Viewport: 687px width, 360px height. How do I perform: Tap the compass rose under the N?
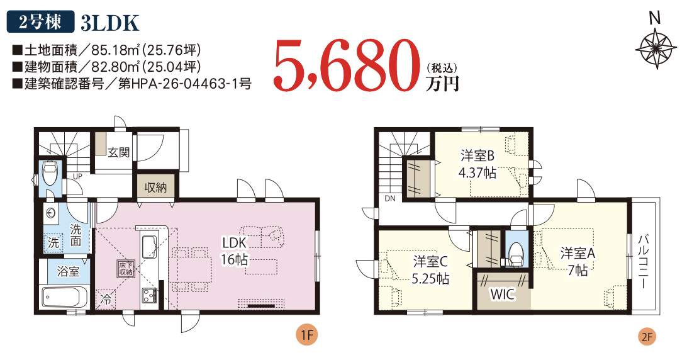(x=655, y=48)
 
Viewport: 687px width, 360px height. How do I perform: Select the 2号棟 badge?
(x=40, y=23)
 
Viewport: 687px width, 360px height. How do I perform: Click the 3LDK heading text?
(x=109, y=23)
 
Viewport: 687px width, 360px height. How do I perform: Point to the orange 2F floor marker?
(x=647, y=337)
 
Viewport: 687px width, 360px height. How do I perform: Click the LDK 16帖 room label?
(x=235, y=251)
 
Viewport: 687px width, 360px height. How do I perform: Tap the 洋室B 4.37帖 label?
(x=477, y=164)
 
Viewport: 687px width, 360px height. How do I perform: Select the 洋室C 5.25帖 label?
(x=430, y=270)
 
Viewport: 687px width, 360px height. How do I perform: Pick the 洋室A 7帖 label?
(x=578, y=261)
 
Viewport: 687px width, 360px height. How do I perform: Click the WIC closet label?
(x=503, y=294)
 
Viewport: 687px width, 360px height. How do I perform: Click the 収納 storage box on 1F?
(x=155, y=187)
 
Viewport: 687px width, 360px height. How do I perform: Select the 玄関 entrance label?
(x=119, y=152)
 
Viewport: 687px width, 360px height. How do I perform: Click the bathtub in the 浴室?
(x=62, y=297)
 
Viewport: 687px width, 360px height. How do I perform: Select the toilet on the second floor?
(x=516, y=254)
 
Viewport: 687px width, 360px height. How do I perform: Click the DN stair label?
(x=390, y=198)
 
